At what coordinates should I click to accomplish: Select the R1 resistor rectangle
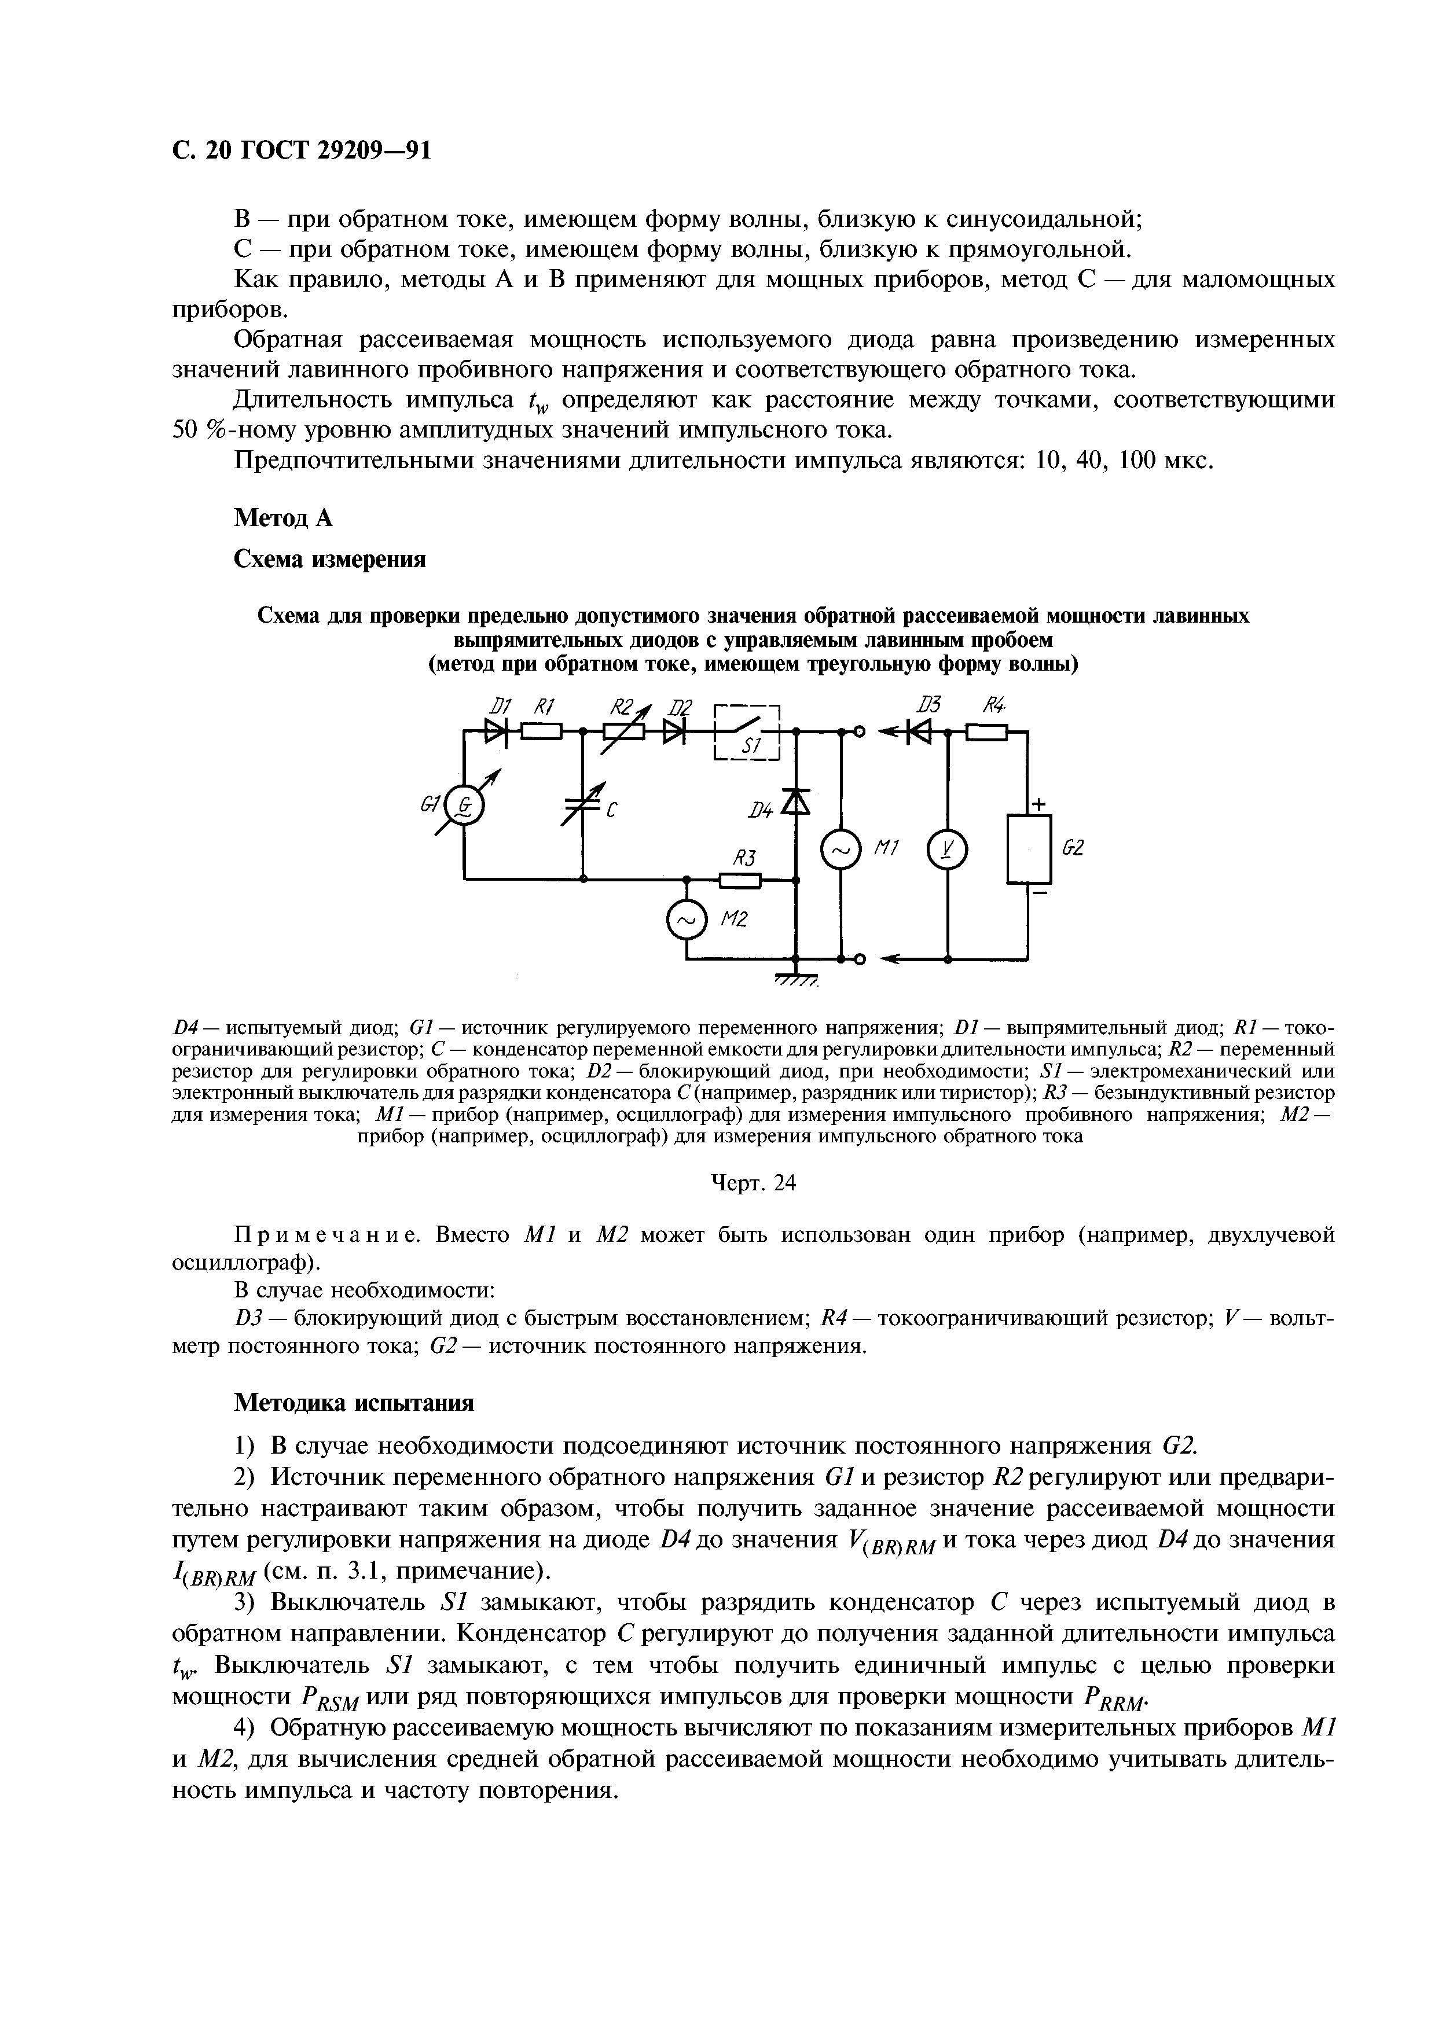(541, 732)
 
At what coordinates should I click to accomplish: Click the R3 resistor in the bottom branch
(740, 880)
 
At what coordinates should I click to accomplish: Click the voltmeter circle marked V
(947, 851)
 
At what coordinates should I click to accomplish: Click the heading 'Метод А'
(283, 518)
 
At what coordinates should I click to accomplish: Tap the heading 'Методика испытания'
(354, 1403)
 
